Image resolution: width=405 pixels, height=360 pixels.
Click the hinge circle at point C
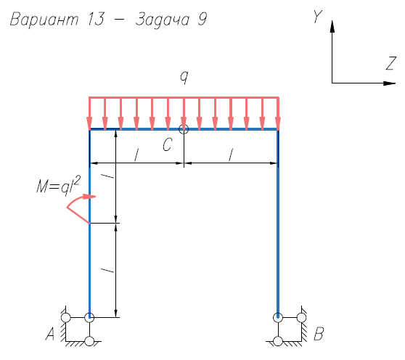pos(184,129)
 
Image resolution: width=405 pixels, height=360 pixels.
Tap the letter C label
pos(168,144)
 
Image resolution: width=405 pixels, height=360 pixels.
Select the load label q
pos(184,77)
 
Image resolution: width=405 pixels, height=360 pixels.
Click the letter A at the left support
pos(50,334)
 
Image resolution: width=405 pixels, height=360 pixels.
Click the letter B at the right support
pos(319,334)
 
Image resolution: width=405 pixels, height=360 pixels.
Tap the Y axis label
pos(317,17)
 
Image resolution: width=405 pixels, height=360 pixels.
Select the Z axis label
pos(391,63)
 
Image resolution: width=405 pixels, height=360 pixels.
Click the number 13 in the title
pos(96,19)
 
